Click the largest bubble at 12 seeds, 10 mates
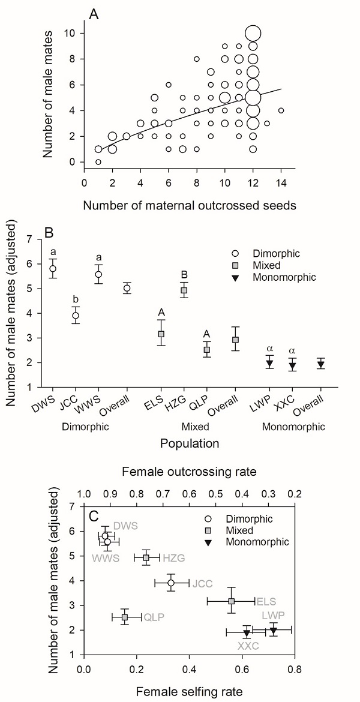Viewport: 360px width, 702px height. click(x=253, y=34)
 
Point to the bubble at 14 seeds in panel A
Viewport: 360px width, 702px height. click(x=281, y=110)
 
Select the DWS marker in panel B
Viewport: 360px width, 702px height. click(x=53, y=268)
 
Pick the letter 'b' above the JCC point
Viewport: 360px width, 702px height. click(x=75, y=300)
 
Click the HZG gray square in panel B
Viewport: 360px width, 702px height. click(x=184, y=290)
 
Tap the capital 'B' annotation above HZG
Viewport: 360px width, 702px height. click(x=184, y=275)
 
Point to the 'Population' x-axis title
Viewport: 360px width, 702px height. click(x=189, y=445)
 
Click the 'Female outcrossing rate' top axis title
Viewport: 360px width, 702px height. click(x=189, y=473)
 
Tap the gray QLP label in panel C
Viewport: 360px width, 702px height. click(x=153, y=617)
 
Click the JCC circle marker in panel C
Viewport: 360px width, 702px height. click(x=172, y=583)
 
